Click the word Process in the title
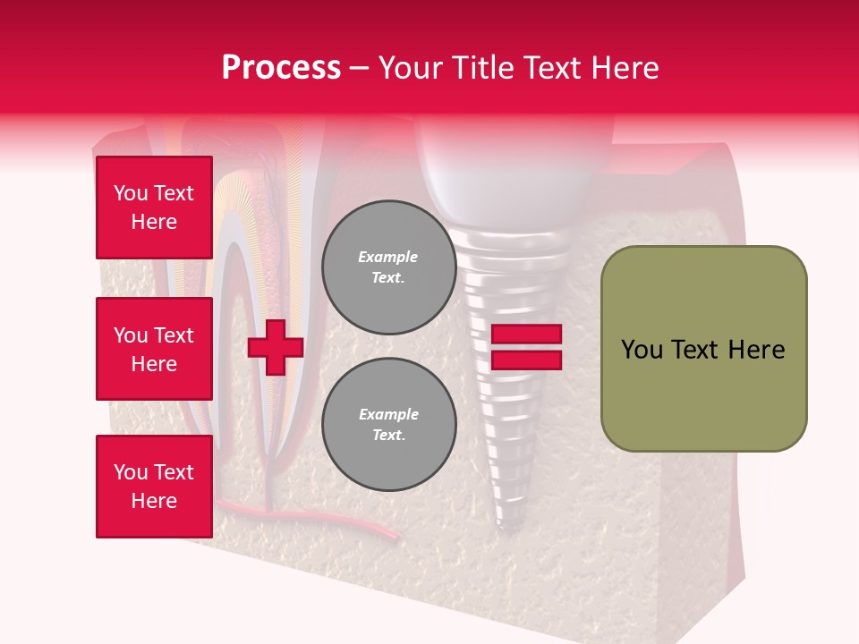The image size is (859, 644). point(281,68)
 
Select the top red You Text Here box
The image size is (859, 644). point(154,208)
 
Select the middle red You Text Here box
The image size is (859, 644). point(154,349)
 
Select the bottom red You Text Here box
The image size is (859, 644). point(154,487)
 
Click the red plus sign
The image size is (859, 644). point(276,347)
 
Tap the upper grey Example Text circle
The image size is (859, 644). point(388,267)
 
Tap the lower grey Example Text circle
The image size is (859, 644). point(388,424)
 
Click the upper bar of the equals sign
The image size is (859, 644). point(527,334)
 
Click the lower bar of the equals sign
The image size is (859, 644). point(527,360)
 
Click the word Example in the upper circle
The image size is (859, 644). point(388,257)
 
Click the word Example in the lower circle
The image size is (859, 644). point(388,414)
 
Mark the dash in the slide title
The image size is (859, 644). point(359,68)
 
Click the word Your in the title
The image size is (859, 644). point(409,68)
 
